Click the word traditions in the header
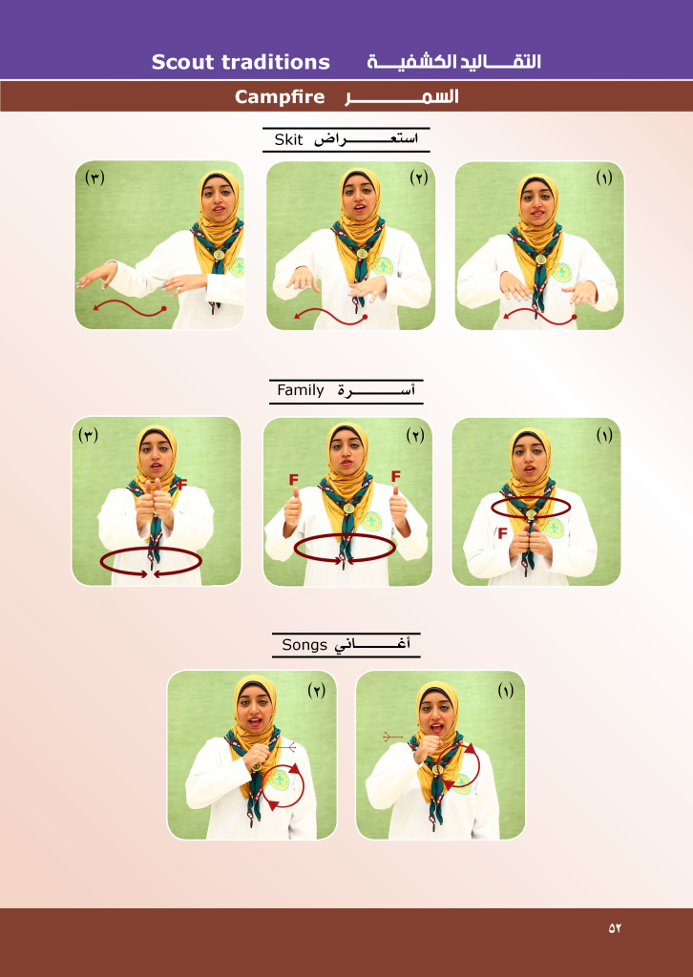pos(280,62)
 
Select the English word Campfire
pos(280,97)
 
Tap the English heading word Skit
pos(288,139)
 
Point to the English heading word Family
pos(301,391)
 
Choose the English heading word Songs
pos(304,645)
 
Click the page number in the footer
pos(615,927)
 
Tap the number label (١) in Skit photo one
pos(603,178)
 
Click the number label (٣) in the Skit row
pos(94,177)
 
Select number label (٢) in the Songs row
pos(317,691)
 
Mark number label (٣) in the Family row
pos(89,435)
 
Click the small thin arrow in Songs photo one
pos(392,738)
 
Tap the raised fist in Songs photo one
pos(428,746)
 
